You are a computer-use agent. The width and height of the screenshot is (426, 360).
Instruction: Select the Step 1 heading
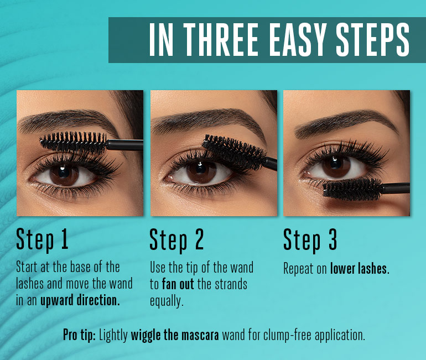click(42, 240)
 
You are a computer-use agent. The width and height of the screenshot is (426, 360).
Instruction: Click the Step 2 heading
click(176, 240)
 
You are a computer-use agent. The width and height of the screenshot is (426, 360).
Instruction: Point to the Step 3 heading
click(310, 240)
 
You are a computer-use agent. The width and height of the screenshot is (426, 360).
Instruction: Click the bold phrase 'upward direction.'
click(80, 300)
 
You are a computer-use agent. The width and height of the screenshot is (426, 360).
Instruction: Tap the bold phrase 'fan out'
click(178, 284)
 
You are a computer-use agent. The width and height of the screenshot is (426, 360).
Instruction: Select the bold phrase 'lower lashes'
click(359, 269)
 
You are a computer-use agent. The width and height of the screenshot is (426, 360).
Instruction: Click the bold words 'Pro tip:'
click(79, 336)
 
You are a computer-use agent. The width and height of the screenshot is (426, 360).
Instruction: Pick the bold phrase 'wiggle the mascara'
click(175, 335)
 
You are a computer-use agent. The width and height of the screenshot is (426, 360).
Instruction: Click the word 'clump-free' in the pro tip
click(287, 336)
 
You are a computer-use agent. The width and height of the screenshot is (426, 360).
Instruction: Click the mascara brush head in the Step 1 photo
click(74, 142)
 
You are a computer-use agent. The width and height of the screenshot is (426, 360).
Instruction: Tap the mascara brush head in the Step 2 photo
click(235, 152)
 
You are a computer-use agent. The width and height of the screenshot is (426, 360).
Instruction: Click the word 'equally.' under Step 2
click(167, 301)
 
